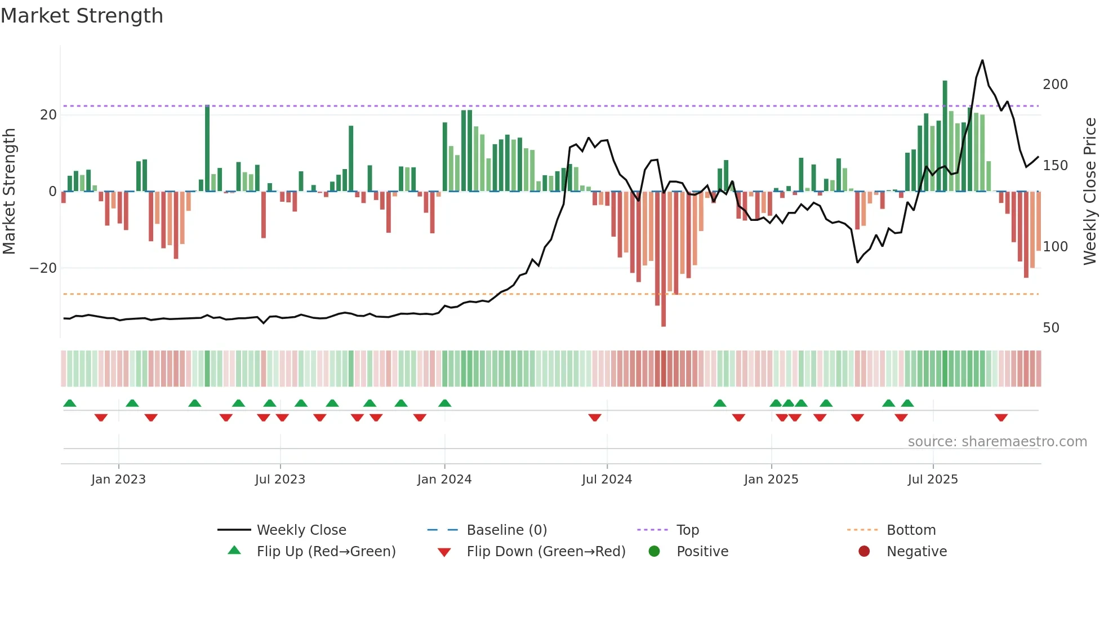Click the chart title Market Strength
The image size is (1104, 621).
point(82,16)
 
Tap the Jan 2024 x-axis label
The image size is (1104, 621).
point(444,480)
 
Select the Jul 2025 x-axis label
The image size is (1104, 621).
point(932,480)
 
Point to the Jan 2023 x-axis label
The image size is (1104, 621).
point(118,480)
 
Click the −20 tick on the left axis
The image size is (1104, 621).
point(43,268)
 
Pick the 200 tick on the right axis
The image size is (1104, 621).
point(1055,85)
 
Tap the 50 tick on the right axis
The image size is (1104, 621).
point(1050,328)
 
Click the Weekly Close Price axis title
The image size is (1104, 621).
point(1090,192)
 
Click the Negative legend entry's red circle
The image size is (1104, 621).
point(863,552)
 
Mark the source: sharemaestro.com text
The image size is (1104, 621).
point(997,442)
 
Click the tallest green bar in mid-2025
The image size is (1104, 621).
point(945,135)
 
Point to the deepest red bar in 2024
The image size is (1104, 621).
point(663,259)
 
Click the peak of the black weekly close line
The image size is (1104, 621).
point(982,60)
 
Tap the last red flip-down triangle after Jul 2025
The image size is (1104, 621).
point(1001,418)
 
